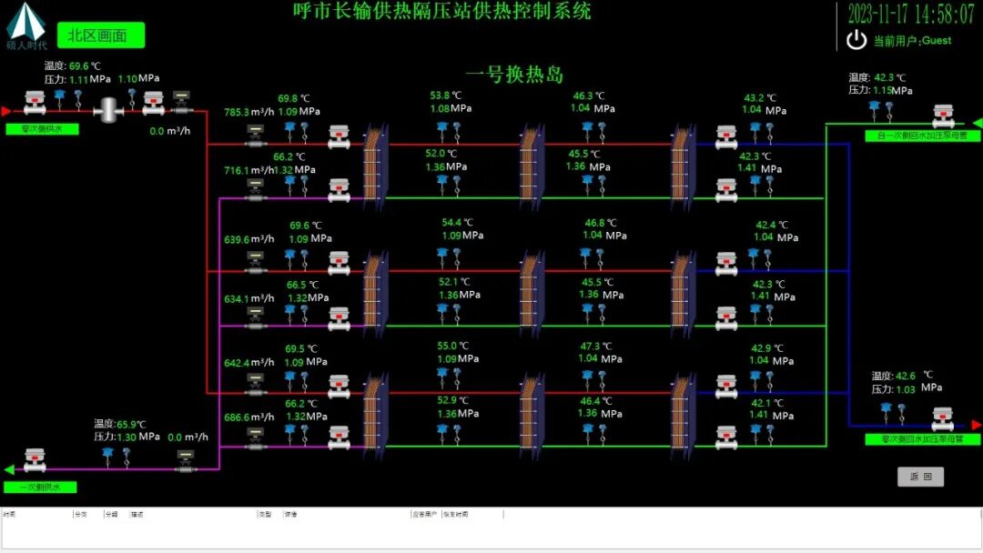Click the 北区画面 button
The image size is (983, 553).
click(x=101, y=35)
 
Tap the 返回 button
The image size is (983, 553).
click(x=920, y=477)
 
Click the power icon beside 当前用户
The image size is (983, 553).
click(x=856, y=40)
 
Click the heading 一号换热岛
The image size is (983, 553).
click(x=514, y=74)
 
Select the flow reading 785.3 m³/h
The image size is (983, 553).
click(x=248, y=113)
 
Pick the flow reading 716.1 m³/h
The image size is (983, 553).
click(x=248, y=170)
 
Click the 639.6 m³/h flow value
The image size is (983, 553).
click(x=248, y=240)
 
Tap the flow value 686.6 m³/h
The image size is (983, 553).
click(x=248, y=417)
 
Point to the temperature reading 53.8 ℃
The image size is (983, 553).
click(x=446, y=96)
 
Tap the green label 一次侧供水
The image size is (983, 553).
click(x=41, y=488)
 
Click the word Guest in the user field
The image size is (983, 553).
click(x=937, y=40)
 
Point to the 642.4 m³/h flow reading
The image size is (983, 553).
click(x=248, y=363)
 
